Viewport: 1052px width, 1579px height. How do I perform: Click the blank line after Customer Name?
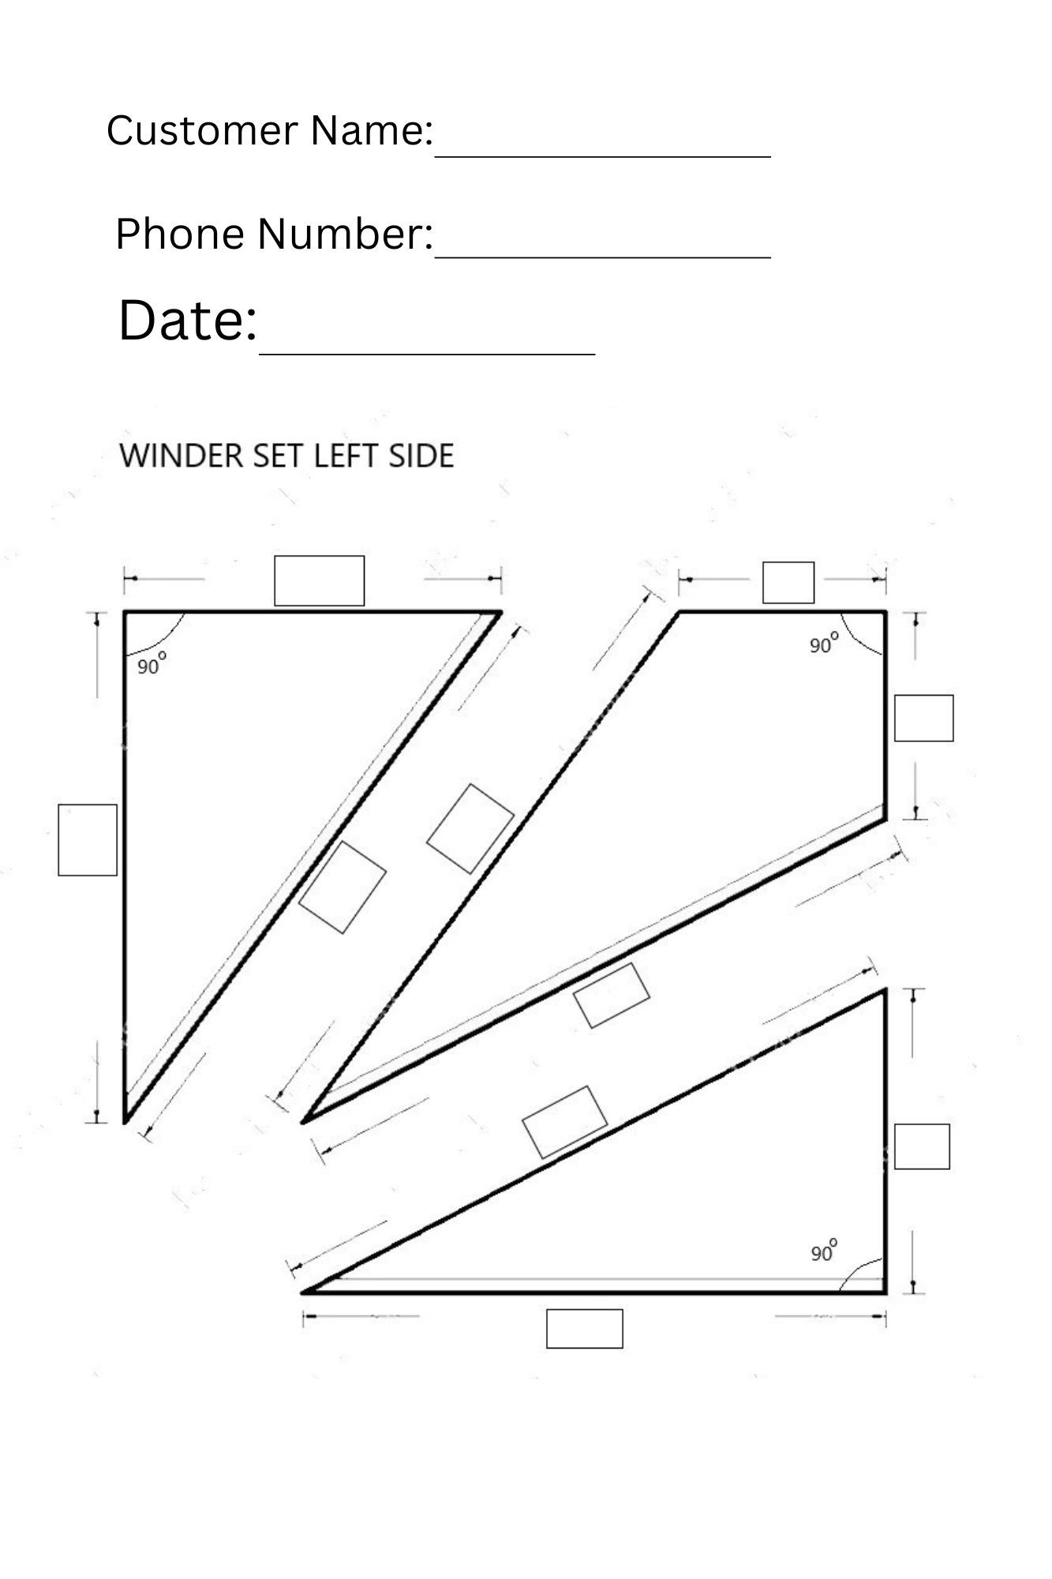(602, 155)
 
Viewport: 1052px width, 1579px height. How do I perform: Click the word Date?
(188, 321)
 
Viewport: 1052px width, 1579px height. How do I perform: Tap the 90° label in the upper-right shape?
(822, 644)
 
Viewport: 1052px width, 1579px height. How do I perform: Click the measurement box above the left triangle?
(319, 581)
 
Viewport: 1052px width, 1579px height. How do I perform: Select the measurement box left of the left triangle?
(88, 840)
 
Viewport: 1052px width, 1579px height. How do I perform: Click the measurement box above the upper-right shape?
(788, 583)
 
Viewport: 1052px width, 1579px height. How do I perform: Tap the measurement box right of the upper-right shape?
(923, 718)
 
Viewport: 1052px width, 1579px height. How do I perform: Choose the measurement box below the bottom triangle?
(584, 1329)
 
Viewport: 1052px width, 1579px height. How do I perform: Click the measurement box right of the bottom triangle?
(921, 1146)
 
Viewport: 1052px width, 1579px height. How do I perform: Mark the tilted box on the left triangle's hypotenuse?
(343, 887)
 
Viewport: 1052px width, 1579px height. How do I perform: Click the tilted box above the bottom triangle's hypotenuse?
(565, 1122)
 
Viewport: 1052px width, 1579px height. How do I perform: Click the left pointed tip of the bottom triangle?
(304, 1292)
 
